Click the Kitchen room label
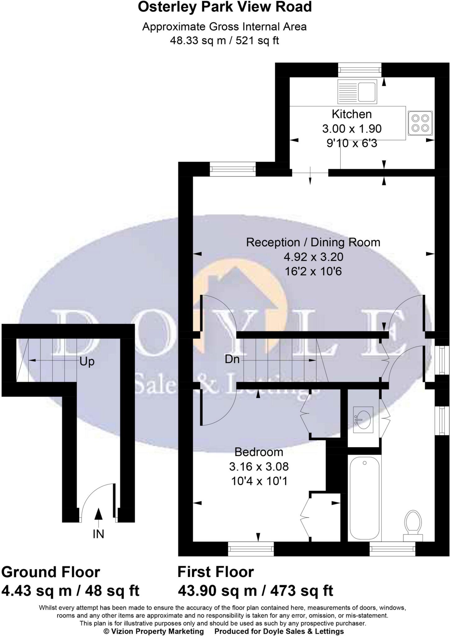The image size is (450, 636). coord(352,114)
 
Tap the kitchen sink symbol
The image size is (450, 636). coord(357,91)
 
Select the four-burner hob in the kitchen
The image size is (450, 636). coord(420,123)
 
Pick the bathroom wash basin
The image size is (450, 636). coord(363,419)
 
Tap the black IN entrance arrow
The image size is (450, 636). coord(98,514)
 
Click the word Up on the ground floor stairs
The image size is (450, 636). coord(87,362)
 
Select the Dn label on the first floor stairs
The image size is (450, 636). coord(232,359)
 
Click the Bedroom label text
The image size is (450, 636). coord(259,452)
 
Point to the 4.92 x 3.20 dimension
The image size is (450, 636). coord(313,257)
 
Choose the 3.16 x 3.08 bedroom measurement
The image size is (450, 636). coord(259,466)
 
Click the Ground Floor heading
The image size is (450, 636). coord(51,572)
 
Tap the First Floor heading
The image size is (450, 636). coord(216,572)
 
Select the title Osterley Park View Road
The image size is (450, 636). coord(225,7)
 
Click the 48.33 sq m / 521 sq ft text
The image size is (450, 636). coord(224,41)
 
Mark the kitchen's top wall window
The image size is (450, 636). coord(360,70)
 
